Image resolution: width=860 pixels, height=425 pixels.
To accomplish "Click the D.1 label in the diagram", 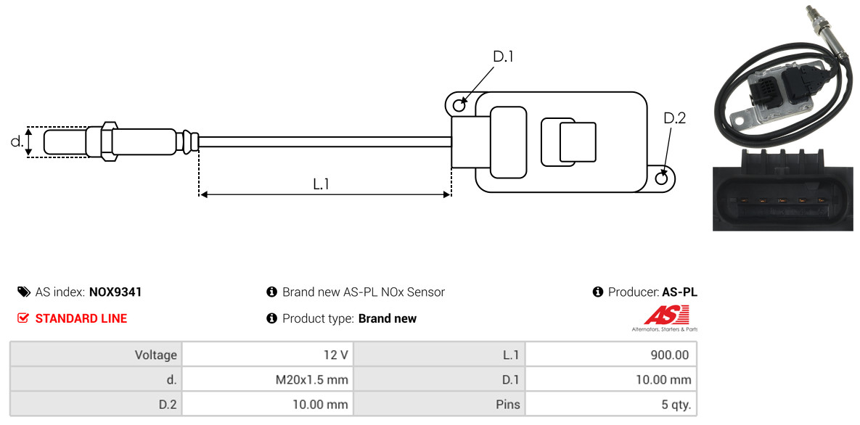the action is click(503, 57).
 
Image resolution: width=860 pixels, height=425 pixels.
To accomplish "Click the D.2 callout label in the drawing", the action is click(675, 118).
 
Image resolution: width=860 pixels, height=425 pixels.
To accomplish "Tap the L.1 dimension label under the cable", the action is click(321, 183).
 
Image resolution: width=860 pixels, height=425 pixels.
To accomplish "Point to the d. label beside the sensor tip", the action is click(17, 141).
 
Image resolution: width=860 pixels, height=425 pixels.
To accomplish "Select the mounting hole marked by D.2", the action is click(662, 177).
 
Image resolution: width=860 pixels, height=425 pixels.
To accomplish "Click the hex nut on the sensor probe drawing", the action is click(109, 141).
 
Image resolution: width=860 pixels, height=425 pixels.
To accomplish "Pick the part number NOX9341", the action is click(115, 292).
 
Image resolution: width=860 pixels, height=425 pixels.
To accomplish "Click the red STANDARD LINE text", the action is click(81, 318).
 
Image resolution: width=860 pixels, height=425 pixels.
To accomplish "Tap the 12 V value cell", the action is click(268, 355).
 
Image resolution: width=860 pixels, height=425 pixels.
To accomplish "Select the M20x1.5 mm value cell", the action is click(268, 379).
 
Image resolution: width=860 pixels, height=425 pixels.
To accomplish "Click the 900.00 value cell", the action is click(610, 355).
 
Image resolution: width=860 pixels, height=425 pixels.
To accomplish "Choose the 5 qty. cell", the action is click(610, 405).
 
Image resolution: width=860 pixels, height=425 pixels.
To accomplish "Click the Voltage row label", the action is click(97, 355).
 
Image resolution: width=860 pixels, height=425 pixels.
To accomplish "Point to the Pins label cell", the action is click(440, 405).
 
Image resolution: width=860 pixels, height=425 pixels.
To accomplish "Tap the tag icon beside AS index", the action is click(24, 292).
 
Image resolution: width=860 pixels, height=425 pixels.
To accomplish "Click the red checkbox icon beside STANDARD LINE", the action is click(23, 318).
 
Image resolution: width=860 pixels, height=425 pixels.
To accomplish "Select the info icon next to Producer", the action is click(598, 292).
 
